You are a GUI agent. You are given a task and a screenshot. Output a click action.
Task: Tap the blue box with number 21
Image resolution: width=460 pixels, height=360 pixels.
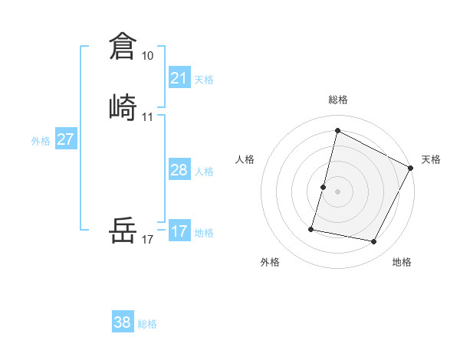[x=179, y=77]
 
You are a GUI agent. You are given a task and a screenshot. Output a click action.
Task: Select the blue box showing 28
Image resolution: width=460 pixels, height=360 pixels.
[x=179, y=170]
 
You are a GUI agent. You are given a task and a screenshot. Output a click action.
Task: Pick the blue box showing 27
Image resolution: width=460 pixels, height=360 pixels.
[x=66, y=139]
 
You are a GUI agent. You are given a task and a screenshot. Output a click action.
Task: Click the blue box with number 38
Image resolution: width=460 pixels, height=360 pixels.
[x=123, y=322]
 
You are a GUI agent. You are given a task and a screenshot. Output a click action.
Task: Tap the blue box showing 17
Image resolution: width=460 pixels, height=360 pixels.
[x=179, y=231]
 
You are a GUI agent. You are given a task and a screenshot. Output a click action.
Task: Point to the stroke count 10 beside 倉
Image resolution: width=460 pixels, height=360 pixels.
[x=147, y=56]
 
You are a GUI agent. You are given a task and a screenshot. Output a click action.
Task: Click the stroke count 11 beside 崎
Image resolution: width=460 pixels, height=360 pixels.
[x=147, y=117]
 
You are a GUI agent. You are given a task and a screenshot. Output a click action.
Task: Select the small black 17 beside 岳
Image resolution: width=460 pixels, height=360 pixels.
[x=147, y=240]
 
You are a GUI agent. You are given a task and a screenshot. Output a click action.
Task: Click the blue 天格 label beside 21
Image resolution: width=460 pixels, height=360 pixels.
[x=204, y=79]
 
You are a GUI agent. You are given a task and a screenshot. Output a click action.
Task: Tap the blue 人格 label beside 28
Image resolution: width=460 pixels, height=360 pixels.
[x=204, y=172]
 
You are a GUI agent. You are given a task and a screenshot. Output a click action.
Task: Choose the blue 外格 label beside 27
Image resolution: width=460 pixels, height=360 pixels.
[x=41, y=141]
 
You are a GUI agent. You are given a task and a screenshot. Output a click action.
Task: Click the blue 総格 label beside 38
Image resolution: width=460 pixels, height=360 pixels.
[x=147, y=324]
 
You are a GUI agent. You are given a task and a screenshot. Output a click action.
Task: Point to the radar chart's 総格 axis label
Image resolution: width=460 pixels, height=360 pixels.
[x=337, y=100]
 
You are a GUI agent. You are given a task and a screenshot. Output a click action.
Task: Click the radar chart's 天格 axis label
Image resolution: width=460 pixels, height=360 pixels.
[x=431, y=159]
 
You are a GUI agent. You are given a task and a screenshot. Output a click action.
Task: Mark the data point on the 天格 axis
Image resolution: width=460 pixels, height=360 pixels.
[x=411, y=168]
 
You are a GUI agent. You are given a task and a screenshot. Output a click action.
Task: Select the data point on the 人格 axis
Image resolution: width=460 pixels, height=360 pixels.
[x=324, y=187]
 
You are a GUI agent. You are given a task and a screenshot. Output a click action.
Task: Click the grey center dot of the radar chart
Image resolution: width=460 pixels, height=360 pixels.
[x=337, y=191]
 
